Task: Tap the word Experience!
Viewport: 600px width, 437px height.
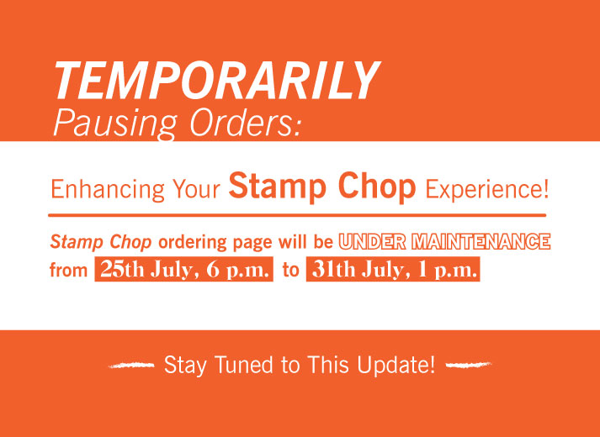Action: (x=486, y=188)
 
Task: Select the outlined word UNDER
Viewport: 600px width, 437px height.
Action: (x=373, y=241)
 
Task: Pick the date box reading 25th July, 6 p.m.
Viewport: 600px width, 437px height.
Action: (x=184, y=271)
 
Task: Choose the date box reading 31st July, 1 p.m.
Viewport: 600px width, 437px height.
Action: (x=393, y=271)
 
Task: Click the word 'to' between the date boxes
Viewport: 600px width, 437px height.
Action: (x=290, y=271)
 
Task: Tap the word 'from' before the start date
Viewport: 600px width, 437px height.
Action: (x=69, y=271)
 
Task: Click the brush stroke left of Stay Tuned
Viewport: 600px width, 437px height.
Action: (x=132, y=365)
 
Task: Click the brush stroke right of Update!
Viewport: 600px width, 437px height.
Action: (x=467, y=365)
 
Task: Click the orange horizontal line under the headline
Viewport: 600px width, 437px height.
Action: (x=299, y=215)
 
